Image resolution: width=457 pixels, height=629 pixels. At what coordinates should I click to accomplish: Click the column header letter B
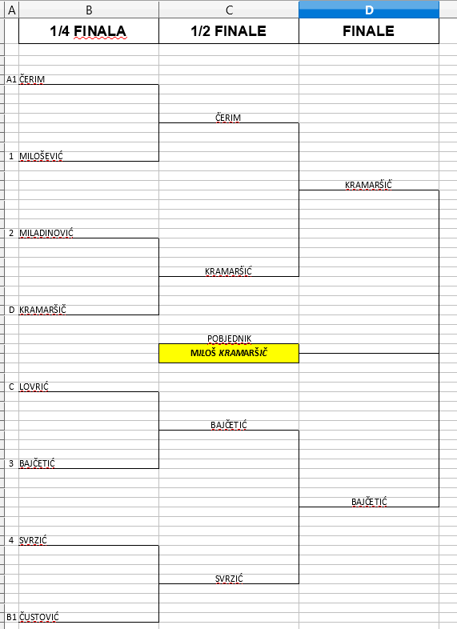89,10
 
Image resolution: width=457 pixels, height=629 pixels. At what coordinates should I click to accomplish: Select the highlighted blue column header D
369,10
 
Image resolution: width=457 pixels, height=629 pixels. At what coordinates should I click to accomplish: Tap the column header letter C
229,10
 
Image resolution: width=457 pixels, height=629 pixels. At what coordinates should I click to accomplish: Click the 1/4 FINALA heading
88,31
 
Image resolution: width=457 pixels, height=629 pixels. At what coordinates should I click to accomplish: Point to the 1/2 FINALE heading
229,31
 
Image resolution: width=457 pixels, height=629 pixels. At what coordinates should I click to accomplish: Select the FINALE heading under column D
368,31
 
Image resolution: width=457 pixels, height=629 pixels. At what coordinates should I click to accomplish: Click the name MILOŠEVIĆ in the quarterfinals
41,156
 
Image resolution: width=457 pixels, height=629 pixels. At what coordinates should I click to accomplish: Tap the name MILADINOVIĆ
46,233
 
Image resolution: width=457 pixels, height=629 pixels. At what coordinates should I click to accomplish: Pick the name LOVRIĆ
34,387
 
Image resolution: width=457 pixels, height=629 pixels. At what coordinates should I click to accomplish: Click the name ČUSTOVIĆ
39,616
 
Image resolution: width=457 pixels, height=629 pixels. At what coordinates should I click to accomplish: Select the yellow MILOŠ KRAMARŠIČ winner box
229,353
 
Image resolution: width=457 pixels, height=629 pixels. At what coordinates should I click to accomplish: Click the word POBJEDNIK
229,339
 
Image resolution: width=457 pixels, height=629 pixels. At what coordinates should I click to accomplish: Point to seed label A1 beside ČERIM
11,79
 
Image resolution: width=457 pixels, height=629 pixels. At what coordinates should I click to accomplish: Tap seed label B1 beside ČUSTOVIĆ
11,617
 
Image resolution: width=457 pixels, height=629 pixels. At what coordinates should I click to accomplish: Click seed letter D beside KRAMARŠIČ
11,310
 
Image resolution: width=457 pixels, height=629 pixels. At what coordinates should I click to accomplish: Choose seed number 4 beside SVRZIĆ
11,540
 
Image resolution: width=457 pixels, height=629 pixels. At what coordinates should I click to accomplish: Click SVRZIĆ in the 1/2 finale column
229,579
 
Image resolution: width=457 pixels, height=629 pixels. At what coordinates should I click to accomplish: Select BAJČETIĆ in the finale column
369,502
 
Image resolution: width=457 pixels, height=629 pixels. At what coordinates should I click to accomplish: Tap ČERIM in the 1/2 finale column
228,118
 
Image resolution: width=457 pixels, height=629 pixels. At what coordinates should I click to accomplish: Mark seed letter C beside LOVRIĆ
11,387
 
